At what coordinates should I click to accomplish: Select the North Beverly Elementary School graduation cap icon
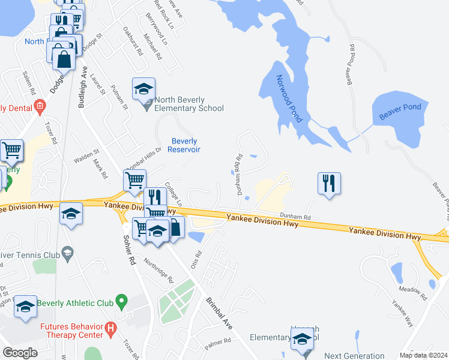pyautogui.click(x=144, y=89)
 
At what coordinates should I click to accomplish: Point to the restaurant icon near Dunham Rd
pyautogui.click(x=329, y=183)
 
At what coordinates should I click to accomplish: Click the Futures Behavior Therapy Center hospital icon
pyautogui.click(x=110, y=328)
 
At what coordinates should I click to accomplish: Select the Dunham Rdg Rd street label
pyautogui.click(x=240, y=175)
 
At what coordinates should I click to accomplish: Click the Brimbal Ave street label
pyautogui.click(x=219, y=313)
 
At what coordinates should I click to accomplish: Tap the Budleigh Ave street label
pyautogui.click(x=82, y=87)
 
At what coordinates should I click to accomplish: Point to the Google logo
pyautogui.click(x=20, y=352)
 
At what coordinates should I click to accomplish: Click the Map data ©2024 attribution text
pyautogui.click(x=423, y=355)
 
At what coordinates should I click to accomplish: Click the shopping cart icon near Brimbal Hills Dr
pyautogui.click(x=134, y=180)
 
